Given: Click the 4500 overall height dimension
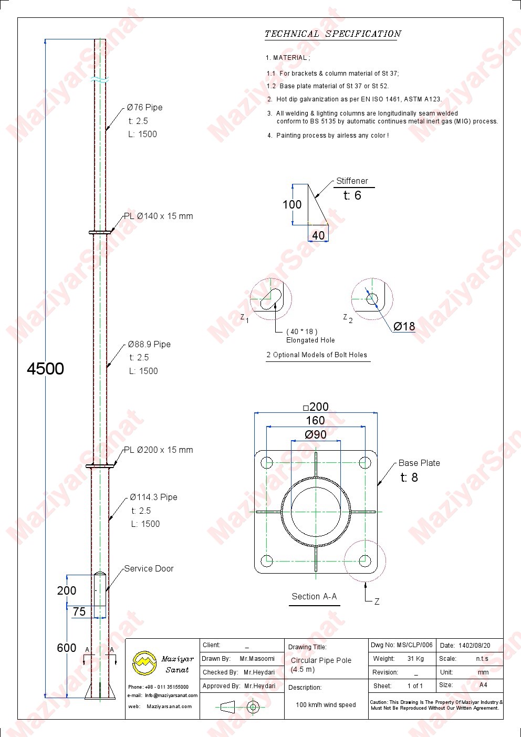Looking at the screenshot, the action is point(45,369).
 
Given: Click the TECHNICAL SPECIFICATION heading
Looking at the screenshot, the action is point(332,34).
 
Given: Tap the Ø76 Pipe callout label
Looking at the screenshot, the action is point(145,107).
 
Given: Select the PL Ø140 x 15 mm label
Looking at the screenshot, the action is point(158,216).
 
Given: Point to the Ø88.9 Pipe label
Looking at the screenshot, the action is point(149,344).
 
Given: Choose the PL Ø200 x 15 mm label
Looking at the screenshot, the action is point(158,450).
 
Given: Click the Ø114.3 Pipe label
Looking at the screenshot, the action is point(153,497).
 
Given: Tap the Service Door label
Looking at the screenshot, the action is point(149,568).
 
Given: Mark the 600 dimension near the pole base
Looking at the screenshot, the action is point(67,648).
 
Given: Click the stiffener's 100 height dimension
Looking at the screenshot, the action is point(292,205).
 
